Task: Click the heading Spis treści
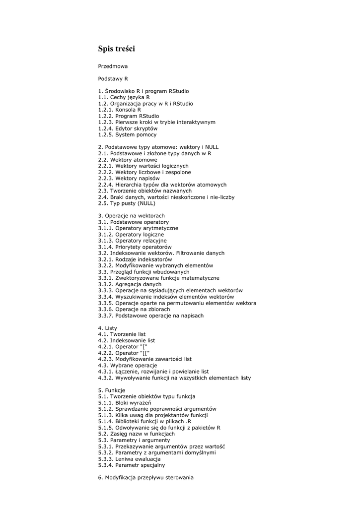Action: pyautogui.click(x=116, y=49)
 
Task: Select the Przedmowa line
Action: pyautogui.click(x=113, y=66)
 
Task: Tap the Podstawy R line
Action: pyautogui.click(x=113, y=78)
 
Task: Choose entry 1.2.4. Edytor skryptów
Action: pyautogui.click(x=128, y=128)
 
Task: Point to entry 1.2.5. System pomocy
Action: pyautogui.click(x=127, y=134)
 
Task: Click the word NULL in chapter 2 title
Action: pyautogui.click(x=211, y=147)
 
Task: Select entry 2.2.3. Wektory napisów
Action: pyautogui.click(x=129, y=178)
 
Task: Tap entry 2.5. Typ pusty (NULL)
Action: pyautogui.click(x=127, y=203)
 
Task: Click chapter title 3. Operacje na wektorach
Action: pyautogui.click(x=131, y=216)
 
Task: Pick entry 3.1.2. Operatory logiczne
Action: pyautogui.click(x=131, y=234)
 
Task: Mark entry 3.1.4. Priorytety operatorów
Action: pyautogui.click(x=135, y=247)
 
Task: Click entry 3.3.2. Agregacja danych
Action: pyautogui.click(x=130, y=284)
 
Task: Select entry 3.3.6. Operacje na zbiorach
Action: pyautogui.click(x=134, y=309)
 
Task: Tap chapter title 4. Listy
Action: pyautogui.click(x=107, y=328)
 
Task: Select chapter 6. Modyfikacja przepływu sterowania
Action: pyautogui.click(x=145, y=478)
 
